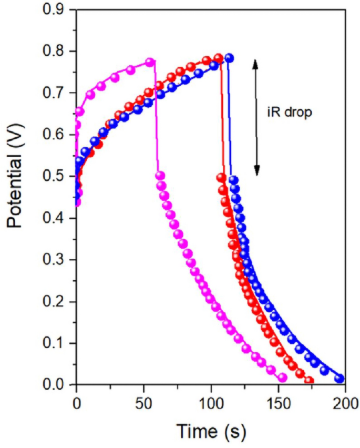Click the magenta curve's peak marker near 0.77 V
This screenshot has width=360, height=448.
pos(150,62)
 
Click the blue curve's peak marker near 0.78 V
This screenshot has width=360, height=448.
pos(229,58)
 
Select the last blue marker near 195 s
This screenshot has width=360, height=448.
pos(340,379)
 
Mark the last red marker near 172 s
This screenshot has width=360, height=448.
pos(309,381)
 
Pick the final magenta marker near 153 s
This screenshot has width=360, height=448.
pos(283,378)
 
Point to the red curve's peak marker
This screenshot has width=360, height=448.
pos(219,57)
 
